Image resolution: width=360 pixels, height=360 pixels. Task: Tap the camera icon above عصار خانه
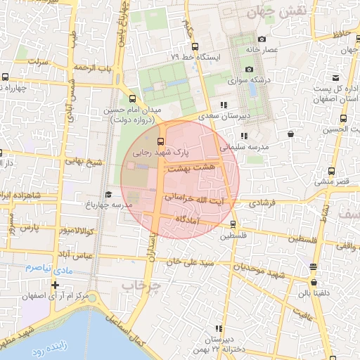[262, 39]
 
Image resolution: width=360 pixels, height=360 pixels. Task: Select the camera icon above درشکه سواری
[249, 69]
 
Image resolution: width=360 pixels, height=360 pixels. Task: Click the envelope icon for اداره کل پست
[336, 77]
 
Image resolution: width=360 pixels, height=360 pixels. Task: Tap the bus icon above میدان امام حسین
[133, 98]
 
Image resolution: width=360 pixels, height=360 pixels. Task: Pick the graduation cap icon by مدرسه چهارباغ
[108, 194]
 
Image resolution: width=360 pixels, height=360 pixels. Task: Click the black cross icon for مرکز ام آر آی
[55, 285]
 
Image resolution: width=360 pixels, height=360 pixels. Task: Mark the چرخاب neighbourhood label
[141, 286]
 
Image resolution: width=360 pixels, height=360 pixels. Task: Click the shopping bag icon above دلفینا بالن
[313, 266]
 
